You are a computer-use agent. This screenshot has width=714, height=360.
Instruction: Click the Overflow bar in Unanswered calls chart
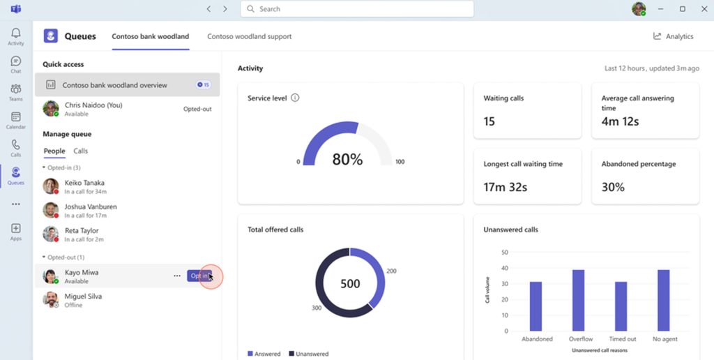pos(578,300)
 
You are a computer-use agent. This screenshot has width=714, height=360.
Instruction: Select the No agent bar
pos(664,300)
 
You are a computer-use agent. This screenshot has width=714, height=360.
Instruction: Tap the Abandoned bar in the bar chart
pos(536,307)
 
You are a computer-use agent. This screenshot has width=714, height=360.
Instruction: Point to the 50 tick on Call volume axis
pos(504,252)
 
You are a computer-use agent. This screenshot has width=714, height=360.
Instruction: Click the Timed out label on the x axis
pos(623,339)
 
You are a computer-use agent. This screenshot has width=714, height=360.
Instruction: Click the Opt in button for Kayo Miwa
pos(199,276)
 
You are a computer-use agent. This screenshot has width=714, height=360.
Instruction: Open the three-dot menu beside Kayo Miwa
pos(177,276)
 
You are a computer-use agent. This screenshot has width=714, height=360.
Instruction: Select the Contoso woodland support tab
pos(250,36)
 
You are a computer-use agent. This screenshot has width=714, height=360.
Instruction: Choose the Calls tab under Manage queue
pos(81,151)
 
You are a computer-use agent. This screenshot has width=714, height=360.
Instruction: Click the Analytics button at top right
pos(673,36)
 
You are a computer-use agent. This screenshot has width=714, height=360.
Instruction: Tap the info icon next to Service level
pos(295,98)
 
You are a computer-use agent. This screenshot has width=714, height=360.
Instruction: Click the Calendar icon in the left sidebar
pos(16,117)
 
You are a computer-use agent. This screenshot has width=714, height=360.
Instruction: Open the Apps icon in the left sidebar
pos(16,228)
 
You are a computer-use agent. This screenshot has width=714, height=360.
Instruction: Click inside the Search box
pos(357,8)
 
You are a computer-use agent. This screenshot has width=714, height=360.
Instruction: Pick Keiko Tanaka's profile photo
pos(50,186)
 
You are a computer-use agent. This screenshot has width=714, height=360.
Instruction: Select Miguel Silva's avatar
pos(50,300)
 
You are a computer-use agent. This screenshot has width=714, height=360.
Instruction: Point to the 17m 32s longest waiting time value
pos(506,187)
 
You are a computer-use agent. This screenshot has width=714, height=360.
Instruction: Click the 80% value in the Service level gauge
pos(347,159)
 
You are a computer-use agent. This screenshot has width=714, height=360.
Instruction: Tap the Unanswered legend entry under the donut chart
pos(309,354)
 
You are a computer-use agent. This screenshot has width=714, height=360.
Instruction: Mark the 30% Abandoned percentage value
pos(613,187)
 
